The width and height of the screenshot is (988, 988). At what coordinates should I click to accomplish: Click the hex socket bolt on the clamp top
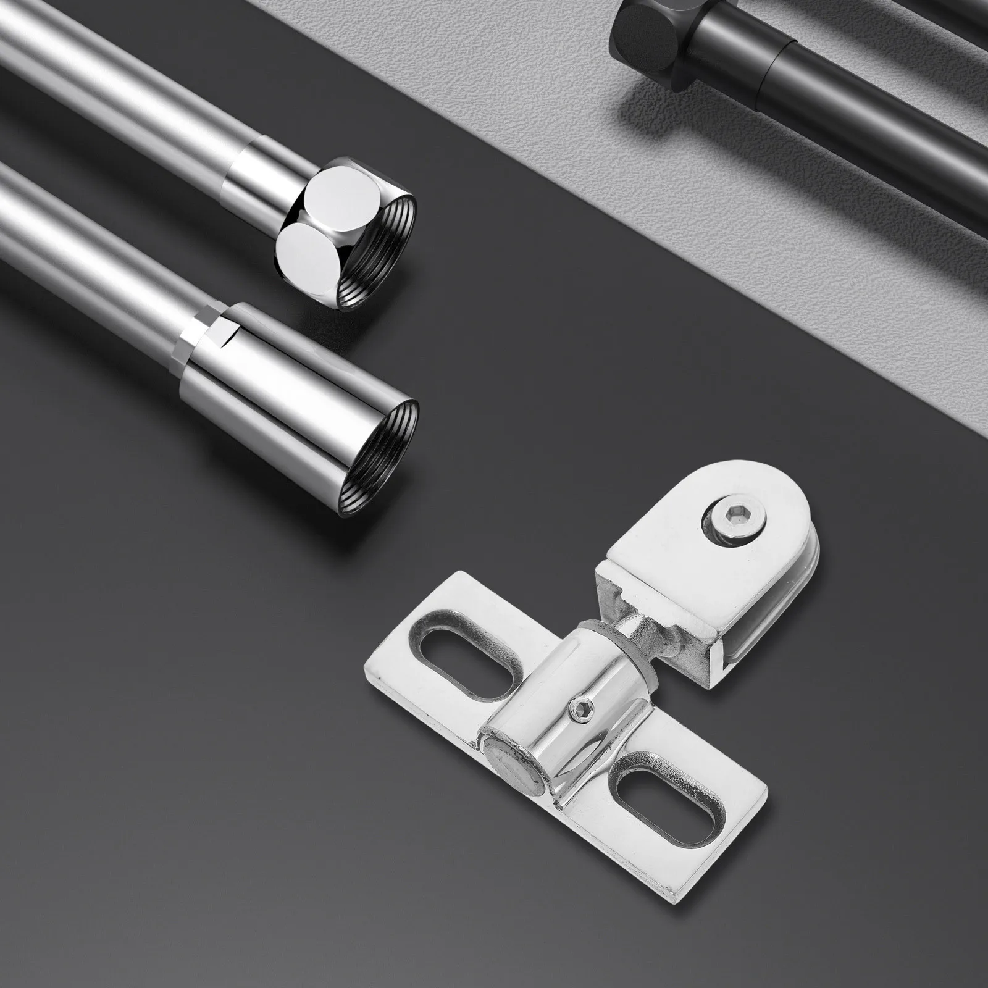click(x=733, y=523)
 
